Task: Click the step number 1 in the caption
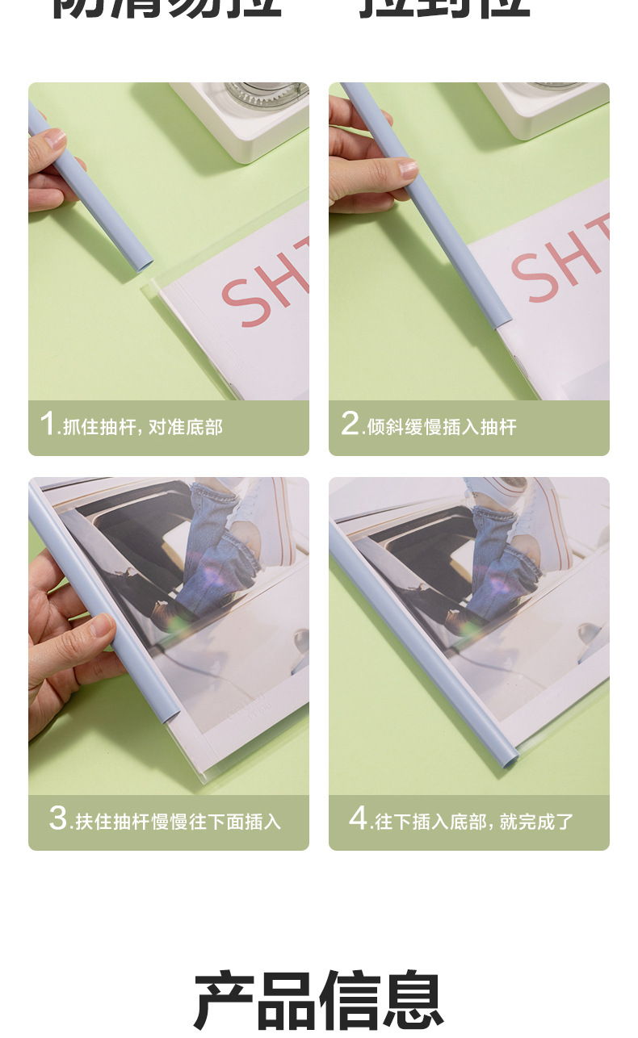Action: click(x=48, y=424)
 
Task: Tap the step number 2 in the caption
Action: click(x=349, y=424)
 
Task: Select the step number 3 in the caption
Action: click(x=58, y=818)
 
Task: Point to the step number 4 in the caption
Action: click(x=359, y=818)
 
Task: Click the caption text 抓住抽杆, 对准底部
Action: click(x=142, y=427)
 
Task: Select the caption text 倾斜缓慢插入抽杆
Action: click(x=442, y=427)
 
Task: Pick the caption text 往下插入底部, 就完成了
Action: click(x=474, y=822)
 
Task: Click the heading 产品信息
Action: click(x=318, y=1001)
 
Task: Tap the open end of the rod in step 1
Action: click(x=145, y=262)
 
